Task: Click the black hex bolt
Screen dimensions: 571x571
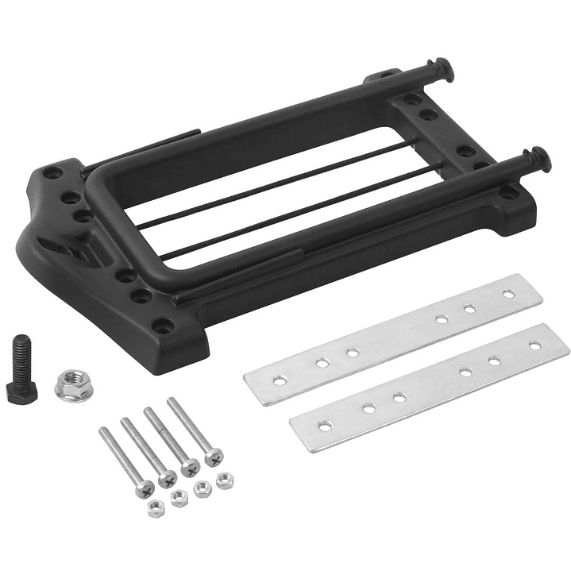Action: tap(22, 368)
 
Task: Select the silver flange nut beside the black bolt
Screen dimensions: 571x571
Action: tap(73, 384)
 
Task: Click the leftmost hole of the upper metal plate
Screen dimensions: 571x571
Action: tap(280, 380)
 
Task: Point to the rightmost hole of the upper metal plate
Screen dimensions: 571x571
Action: tap(508, 294)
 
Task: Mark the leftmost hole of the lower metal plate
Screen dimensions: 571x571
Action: tap(325, 426)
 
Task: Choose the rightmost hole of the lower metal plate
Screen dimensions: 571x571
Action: tap(535, 345)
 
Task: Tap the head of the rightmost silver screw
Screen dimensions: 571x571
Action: tap(213, 456)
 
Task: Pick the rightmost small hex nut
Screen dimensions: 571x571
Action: tap(225, 480)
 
